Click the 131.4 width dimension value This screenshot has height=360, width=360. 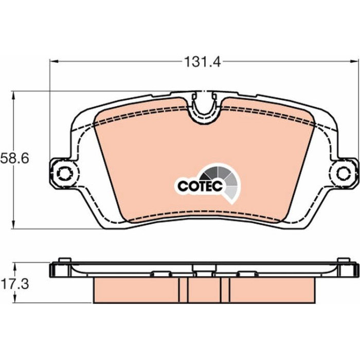(203, 62)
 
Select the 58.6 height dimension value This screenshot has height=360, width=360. (15, 158)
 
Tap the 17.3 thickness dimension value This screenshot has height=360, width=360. (15, 284)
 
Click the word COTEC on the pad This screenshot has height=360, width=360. (200, 186)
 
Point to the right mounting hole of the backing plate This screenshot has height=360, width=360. (344, 173)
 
